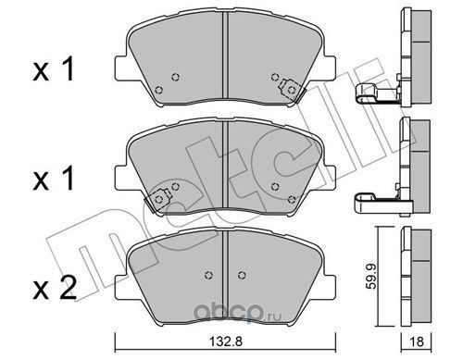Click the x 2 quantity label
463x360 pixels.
click(x=55, y=288)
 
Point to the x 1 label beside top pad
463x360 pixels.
click(x=54, y=69)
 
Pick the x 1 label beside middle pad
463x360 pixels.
click(x=54, y=179)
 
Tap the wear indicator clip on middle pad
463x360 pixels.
click(x=158, y=200)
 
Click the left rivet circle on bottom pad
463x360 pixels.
click(x=209, y=275)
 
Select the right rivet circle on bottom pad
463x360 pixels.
click(x=242, y=275)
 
